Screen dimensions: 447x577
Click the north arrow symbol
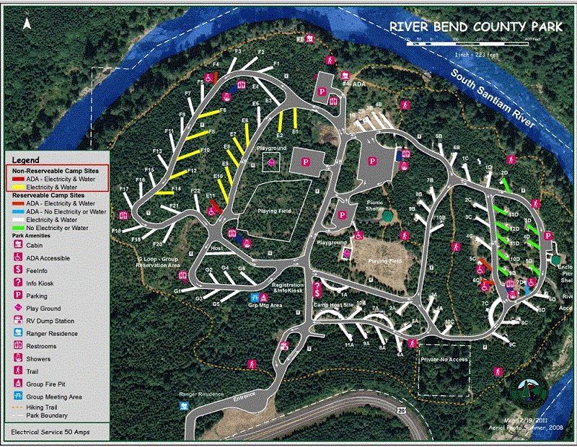(x=27, y=22)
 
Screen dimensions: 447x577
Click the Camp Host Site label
(x=332, y=305)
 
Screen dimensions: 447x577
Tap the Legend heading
(x=26, y=159)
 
